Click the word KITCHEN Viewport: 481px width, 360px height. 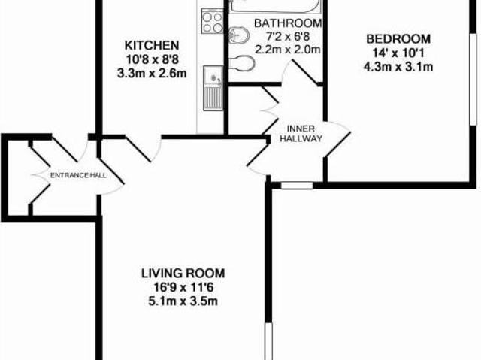pos(151,44)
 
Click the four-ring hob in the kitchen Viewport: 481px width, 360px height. pos(213,20)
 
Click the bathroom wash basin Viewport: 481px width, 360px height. pos(239,34)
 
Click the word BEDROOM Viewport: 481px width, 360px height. pos(398,39)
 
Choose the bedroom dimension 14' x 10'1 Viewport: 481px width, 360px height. pos(398,53)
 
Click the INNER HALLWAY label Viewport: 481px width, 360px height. pos(301,133)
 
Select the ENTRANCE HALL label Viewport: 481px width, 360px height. pos(77,176)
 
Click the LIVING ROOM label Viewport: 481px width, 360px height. pos(183,273)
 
